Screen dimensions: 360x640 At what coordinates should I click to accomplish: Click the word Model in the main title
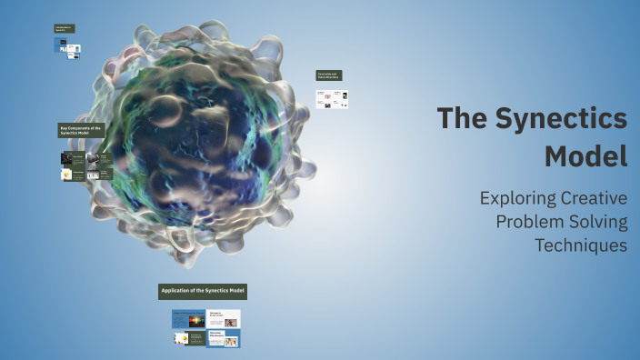pyautogui.click(x=585, y=155)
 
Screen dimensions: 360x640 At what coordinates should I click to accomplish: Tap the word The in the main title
pyautogui.click(x=466, y=118)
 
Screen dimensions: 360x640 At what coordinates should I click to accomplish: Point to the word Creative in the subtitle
pyautogui.click(x=593, y=197)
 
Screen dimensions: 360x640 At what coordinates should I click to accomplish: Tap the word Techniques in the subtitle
pyautogui.click(x=581, y=245)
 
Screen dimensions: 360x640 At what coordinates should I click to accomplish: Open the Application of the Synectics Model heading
pyautogui.click(x=203, y=291)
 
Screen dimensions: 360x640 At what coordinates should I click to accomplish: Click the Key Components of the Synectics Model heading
pyautogui.click(x=82, y=131)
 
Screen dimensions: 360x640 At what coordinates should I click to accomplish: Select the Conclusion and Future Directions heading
pyautogui.click(x=329, y=75)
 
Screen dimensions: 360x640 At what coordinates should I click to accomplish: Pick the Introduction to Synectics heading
pyautogui.click(x=65, y=29)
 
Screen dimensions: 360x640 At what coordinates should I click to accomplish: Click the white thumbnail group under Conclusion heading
pyautogui.click(x=332, y=98)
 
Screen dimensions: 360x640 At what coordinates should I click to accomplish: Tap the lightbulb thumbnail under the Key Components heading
pyautogui.click(x=66, y=174)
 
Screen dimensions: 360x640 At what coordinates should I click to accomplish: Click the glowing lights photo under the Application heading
pyautogui.click(x=196, y=321)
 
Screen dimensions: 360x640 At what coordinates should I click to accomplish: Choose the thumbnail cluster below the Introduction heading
pyautogui.click(x=66, y=48)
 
